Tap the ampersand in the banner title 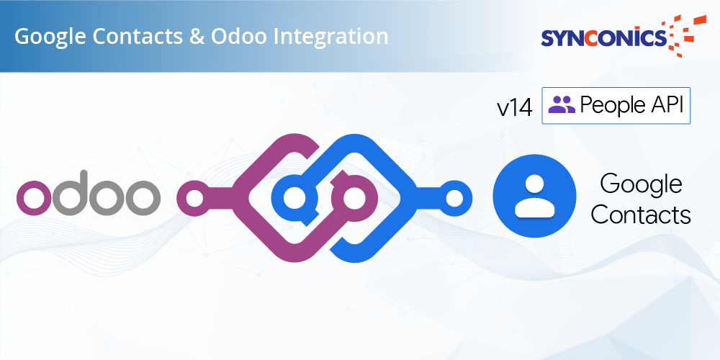[196, 37]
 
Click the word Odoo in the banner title [239, 37]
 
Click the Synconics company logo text [603, 38]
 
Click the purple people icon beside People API [561, 104]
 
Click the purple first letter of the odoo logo [35, 198]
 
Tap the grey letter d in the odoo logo [71, 193]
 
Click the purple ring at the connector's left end [194, 199]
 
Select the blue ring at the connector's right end [454, 199]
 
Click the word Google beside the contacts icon [641, 184]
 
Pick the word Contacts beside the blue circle [641, 215]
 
